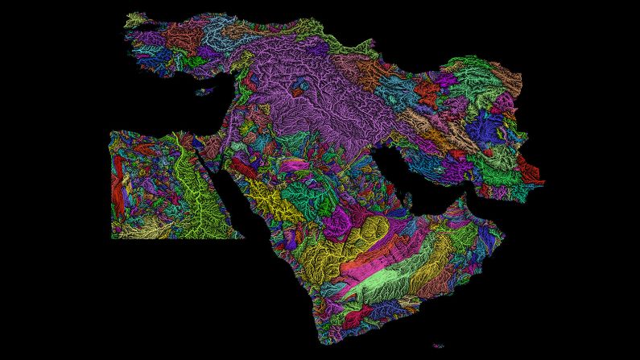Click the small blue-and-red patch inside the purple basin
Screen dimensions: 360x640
[x=299, y=92]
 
